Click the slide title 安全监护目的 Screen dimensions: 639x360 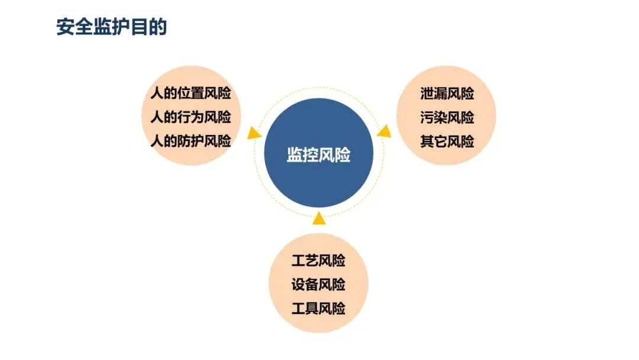click(111, 27)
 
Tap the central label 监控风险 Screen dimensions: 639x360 click(318, 155)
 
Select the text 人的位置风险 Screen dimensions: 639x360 click(191, 94)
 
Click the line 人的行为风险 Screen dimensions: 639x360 click(191, 117)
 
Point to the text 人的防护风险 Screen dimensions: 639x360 click(191, 141)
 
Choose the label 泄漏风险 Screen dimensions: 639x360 click(447, 94)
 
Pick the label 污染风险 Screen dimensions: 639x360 click(447, 117)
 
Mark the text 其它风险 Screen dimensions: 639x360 click(447, 142)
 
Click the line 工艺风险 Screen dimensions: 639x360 click(318, 261)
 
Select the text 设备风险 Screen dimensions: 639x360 click(318, 284)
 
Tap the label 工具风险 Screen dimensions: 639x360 click(318, 308)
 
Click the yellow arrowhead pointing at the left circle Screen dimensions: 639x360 click(254, 133)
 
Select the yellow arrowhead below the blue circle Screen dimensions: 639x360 click(319, 218)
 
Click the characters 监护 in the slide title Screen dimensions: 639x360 click(111, 27)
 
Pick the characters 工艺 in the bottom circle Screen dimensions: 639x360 click(305, 261)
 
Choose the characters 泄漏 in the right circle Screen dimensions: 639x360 click(433, 94)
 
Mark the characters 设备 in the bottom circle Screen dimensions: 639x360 click(305, 284)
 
